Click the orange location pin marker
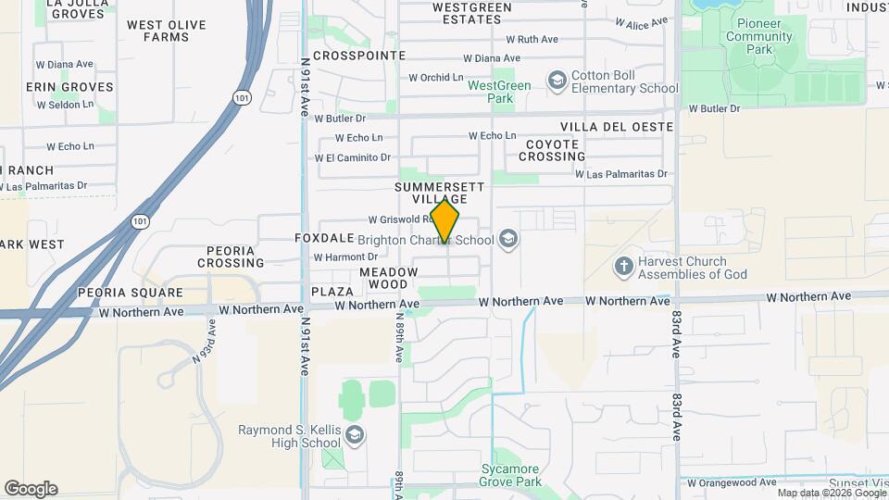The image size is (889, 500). pos(445,220)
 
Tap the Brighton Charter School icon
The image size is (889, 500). pos(507,241)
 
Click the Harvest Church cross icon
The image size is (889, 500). pos(625,267)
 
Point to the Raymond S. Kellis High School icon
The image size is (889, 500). pos(354,435)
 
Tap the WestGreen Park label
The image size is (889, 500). pos(499,92)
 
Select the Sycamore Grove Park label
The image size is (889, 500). pos(510,474)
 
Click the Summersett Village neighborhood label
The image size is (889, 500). pos(440,193)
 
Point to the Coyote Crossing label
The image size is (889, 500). pos(553,151)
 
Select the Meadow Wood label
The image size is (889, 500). pos(389,278)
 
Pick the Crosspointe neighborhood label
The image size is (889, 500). pos(359,56)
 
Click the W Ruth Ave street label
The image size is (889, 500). pos(532,40)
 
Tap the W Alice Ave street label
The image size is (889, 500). pos(641,22)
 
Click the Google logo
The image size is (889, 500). pos(31,489)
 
